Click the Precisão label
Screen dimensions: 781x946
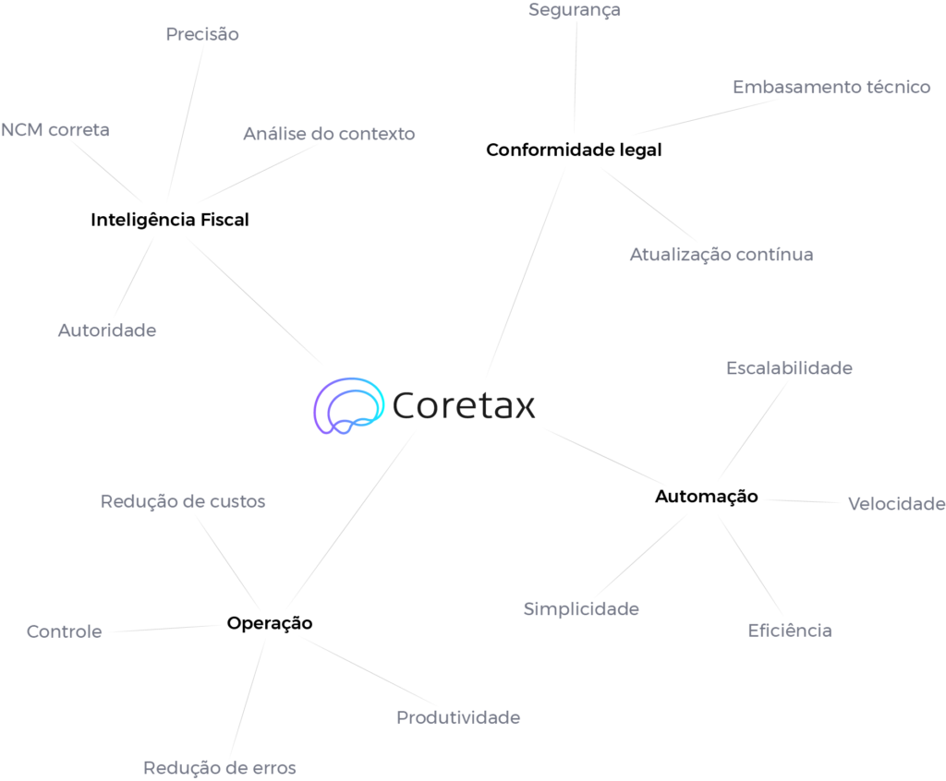coord(202,34)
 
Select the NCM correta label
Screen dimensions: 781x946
coord(55,130)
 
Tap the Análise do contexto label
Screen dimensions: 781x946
coord(329,134)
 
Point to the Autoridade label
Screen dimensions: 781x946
coord(107,330)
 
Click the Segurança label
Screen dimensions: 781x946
coord(575,10)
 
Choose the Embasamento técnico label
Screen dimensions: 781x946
coord(831,88)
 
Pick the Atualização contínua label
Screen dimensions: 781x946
coord(721,254)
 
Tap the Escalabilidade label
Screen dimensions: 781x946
coord(789,367)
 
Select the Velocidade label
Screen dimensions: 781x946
coord(896,503)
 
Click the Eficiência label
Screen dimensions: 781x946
coord(789,631)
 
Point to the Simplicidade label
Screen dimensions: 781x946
coord(581,609)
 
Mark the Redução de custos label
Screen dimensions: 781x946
coord(183,501)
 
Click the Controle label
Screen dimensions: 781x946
coord(64,631)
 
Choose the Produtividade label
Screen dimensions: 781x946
coord(458,717)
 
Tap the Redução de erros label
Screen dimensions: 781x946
coord(220,767)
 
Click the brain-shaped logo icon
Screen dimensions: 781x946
coord(348,405)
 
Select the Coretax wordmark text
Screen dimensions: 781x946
coord(464,405)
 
